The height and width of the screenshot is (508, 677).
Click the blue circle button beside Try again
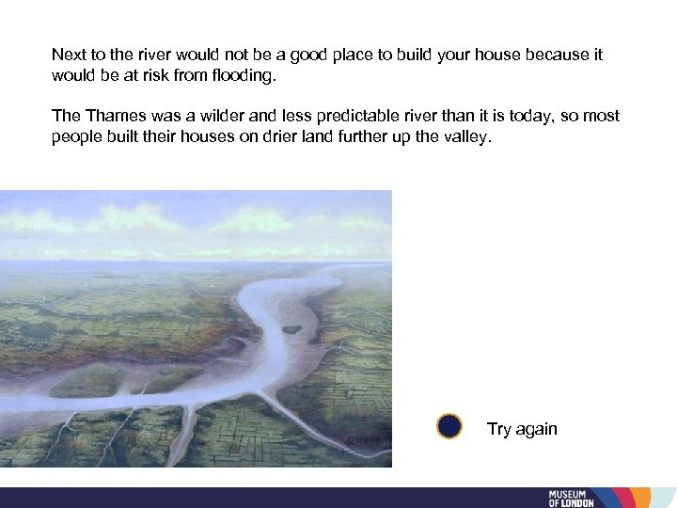point(449,427)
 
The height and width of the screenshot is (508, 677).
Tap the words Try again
point(522,429)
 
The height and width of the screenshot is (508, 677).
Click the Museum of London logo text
point(571,498)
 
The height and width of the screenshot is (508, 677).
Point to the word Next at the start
point(69,55)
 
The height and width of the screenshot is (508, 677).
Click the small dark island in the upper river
point(292,329)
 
